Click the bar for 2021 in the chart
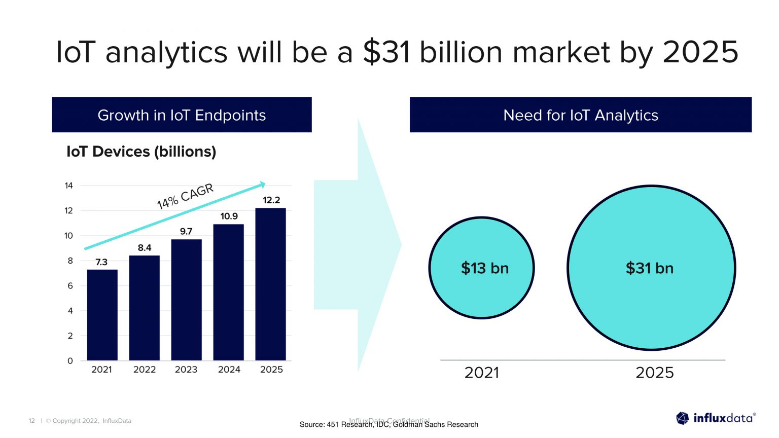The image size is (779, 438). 102,315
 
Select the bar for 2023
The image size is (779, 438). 186,300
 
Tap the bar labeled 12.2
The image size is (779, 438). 270,284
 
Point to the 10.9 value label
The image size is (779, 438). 229,216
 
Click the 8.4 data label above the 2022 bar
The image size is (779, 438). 145,247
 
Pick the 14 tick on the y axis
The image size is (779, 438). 69,186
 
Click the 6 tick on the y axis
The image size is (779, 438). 70,286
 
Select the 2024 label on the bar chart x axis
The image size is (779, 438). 229,370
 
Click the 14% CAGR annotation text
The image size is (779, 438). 185,196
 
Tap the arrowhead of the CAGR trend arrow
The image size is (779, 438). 262,185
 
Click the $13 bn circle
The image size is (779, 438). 482,268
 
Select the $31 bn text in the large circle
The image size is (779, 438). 649,268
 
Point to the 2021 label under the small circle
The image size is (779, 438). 482,373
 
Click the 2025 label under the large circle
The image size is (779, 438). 654,373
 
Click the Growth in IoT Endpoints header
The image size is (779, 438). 182,115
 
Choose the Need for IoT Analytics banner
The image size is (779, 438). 580,115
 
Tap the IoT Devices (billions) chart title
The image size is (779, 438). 141,152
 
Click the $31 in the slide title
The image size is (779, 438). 386,52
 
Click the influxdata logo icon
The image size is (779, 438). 683,418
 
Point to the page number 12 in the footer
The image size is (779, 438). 32,421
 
